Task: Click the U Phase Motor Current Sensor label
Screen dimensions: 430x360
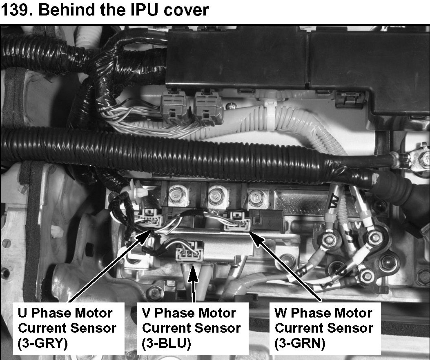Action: click(67, 328)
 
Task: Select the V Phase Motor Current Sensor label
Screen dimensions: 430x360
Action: click(191, 328)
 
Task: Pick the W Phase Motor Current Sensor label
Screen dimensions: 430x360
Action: click(324, 328)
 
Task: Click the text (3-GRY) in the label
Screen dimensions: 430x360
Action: click(42, 343)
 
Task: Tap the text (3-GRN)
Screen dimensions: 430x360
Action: click(300, 343)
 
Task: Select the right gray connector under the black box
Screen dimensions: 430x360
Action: click(208, 107)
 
